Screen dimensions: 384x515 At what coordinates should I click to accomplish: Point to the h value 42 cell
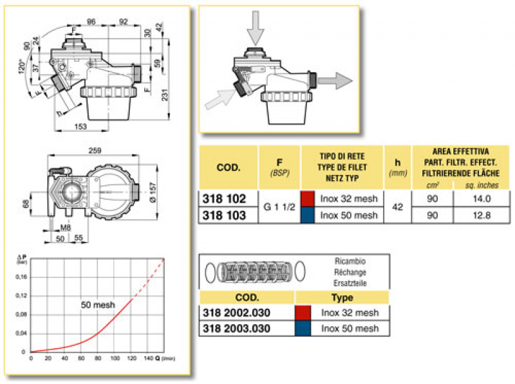point(398,206)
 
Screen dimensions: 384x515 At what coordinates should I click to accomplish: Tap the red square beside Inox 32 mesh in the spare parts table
point(303,313)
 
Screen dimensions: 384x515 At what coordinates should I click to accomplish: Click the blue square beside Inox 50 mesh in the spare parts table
point(303,328)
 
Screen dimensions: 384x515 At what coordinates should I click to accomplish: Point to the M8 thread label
point(66,226)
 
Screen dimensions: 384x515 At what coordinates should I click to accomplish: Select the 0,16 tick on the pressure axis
point(21,277)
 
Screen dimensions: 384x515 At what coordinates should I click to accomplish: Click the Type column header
point(342,298)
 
